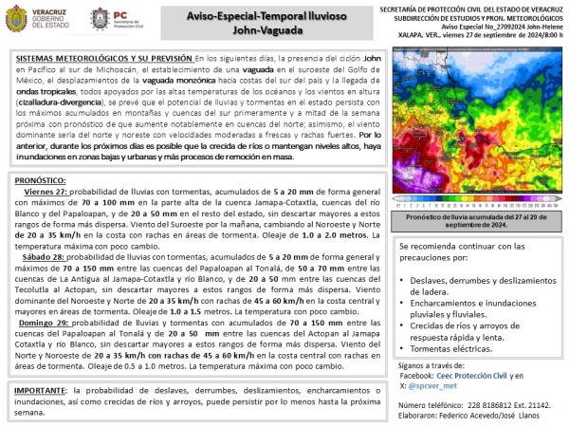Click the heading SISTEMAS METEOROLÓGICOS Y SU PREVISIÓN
pyautogui.click(x=105, y=59)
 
